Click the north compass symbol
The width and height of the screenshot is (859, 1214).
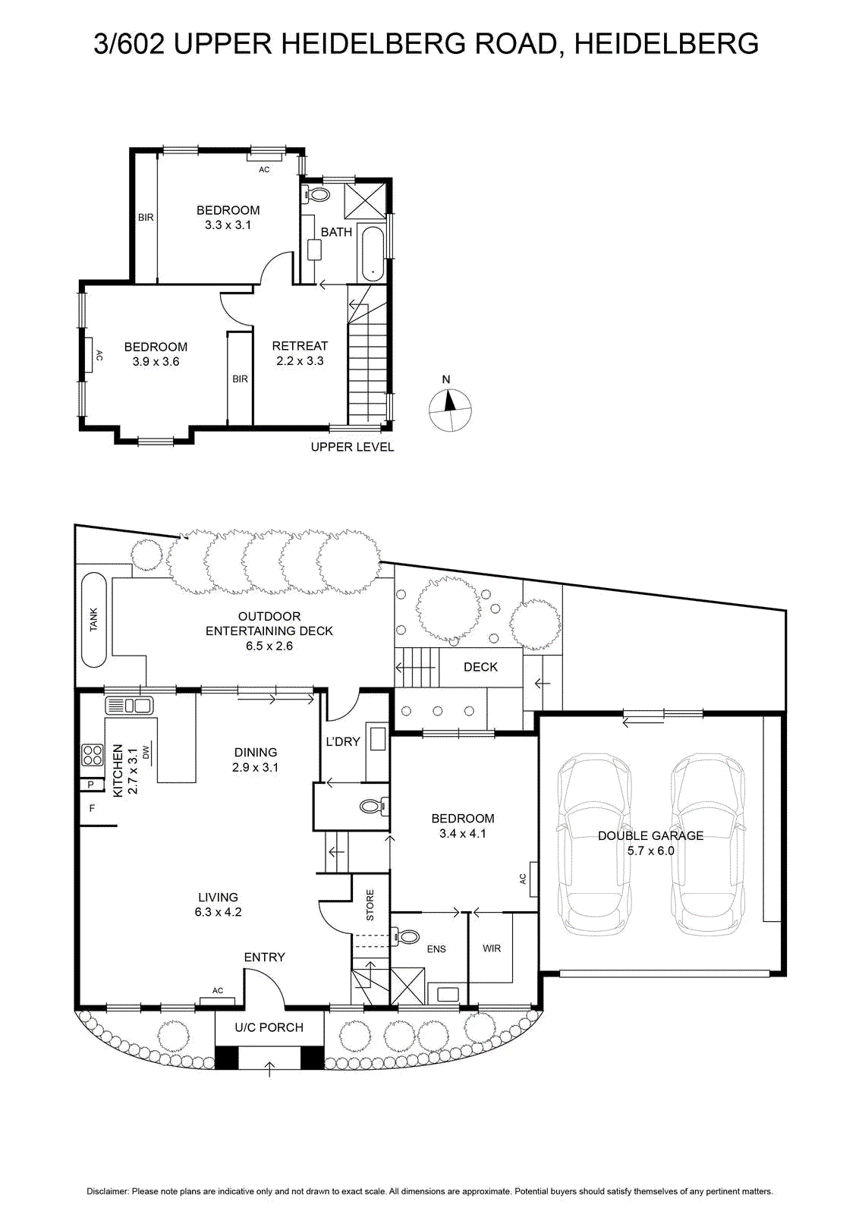[x=449, y=410]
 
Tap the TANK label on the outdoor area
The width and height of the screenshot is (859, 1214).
[x=94, y=619]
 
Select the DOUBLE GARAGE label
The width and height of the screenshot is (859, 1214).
[x=650, y=835]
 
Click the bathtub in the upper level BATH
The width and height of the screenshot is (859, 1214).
[x=373, y=253]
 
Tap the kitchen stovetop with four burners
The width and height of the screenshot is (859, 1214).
[x=92, y=755]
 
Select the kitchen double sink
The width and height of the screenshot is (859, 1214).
[x=129, y=706]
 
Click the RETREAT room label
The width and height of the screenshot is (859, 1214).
[x=300, y=345]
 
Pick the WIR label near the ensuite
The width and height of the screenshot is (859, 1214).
[x=492, y=948]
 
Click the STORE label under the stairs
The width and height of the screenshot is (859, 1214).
[x=370, y=904]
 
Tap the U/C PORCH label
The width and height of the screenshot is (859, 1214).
[x=269, y=1027]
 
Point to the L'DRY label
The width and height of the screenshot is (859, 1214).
[x=342, y=741]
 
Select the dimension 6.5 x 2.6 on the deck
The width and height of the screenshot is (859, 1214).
[x=269, y=646]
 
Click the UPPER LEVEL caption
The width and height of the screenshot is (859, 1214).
[x=352, y=447]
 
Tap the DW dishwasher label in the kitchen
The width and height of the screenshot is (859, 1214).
[x=145, y=752]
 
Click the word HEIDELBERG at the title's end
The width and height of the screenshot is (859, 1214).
[x=666, y=43]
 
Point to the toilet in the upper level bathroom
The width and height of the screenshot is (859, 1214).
[x=314, y=193]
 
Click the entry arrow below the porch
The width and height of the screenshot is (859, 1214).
[x=269, y=1070]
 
